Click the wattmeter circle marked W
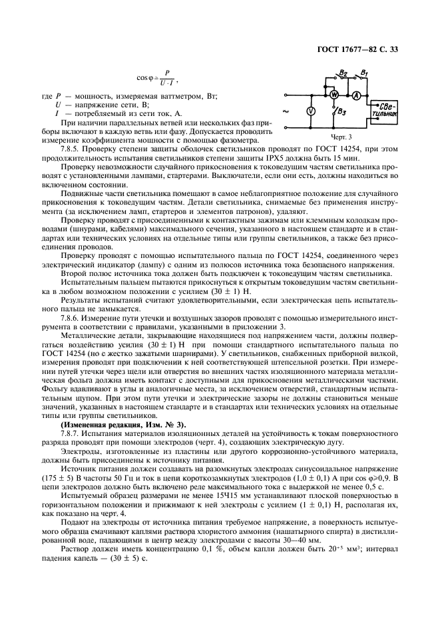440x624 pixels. tap(335, 96)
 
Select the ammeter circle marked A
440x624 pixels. tap(357, 96)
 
